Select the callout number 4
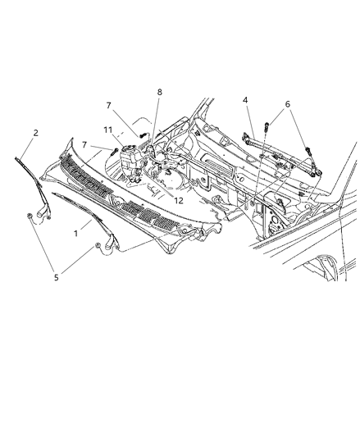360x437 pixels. (245, 101)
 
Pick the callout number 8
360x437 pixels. (159, 93)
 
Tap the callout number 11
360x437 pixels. (107, 129)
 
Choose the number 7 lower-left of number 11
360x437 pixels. (84, 144)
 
